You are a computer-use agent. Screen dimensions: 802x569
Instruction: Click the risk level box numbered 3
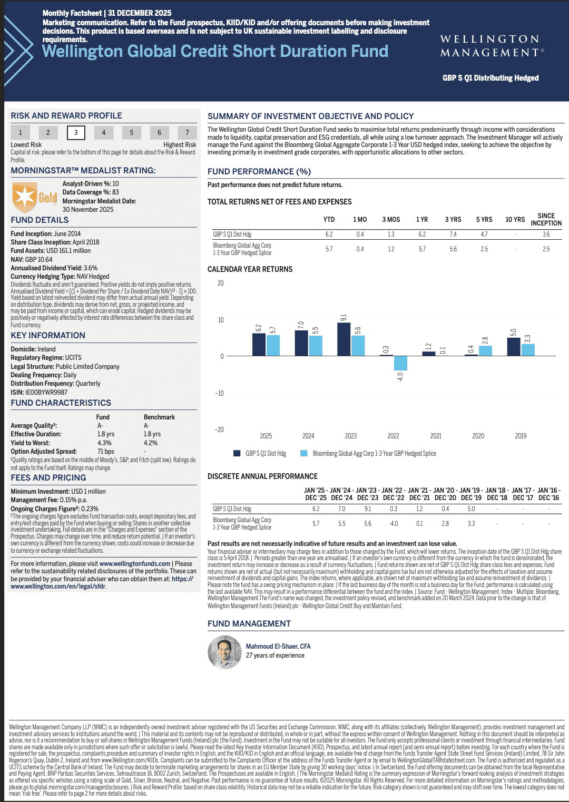(76, 132)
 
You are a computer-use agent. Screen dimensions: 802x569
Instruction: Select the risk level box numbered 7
(187, 132)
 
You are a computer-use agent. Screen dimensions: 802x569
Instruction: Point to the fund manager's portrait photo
(225, 652)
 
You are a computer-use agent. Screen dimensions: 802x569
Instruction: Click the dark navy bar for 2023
(344, 339)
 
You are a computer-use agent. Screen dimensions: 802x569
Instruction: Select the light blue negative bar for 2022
(400, 363)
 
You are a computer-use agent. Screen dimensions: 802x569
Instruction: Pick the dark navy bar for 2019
(514, 347)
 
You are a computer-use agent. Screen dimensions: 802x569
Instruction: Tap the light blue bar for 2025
(273, 345)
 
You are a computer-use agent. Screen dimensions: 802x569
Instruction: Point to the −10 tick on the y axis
(219, 393)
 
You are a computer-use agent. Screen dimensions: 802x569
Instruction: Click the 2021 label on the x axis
(436, 436)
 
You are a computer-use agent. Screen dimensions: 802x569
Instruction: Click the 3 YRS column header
(453, 220)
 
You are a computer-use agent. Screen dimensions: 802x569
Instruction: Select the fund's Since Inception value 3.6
(546, 234)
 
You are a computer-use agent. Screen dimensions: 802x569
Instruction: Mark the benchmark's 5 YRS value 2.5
(484, 249)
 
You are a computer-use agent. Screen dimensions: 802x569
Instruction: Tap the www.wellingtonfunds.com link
(135, 564)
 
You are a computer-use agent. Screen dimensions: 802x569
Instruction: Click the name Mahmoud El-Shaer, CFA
(278, 647)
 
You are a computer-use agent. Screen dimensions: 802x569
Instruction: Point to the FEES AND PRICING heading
(48, 478)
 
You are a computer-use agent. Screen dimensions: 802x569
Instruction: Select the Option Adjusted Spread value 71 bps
(106, 452)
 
